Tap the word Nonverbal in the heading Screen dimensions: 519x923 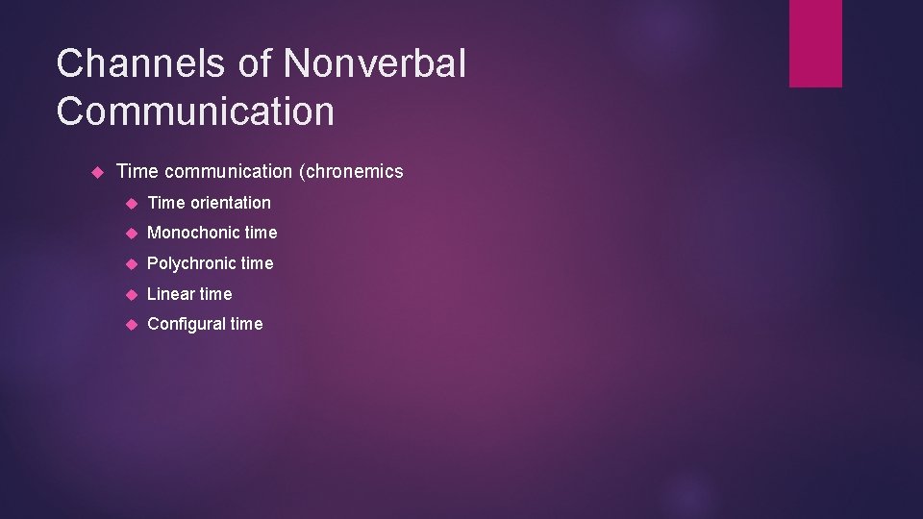376,64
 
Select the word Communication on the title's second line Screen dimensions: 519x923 195,111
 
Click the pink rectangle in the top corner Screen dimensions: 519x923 815,43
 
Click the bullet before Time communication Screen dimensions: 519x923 96,172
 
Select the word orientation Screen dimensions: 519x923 231,203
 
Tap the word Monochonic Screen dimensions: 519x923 196,233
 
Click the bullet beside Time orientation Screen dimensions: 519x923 132,203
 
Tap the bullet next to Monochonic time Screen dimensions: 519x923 132,234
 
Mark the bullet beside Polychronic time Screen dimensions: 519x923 132,264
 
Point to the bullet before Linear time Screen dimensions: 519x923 132,295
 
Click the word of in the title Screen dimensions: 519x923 256,64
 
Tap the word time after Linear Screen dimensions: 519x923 216,294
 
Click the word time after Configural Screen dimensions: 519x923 246,325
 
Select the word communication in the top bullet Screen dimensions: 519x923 228,172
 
